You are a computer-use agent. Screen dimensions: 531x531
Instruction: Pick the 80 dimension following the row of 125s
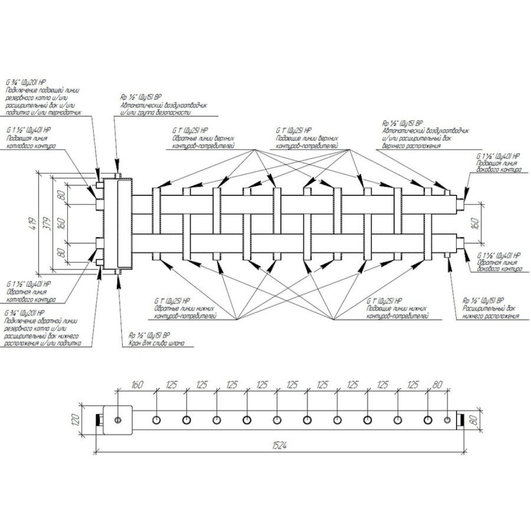(439, 386)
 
